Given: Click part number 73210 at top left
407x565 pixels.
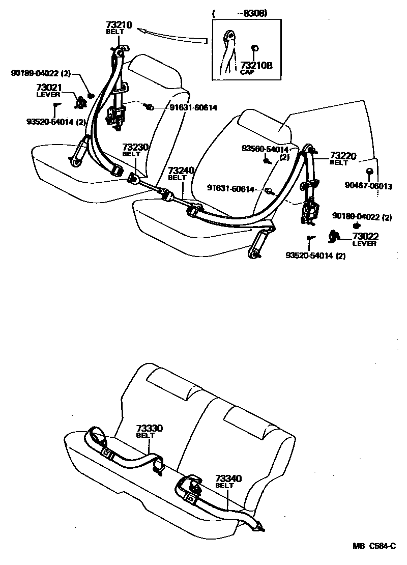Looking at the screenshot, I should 119,24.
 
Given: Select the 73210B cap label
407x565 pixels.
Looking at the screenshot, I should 256,65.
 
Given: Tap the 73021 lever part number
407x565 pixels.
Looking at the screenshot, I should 48,88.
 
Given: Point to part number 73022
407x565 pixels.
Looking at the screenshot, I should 363,236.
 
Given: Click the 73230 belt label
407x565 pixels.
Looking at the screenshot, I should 135,148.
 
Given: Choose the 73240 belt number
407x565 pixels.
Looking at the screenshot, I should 181,171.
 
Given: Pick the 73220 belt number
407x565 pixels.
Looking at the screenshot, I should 343,156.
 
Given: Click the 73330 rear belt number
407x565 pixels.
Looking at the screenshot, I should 149,429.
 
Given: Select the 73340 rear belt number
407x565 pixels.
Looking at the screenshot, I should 228,478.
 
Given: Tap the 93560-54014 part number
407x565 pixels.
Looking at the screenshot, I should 265,149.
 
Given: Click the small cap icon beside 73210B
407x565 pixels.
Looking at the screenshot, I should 255,49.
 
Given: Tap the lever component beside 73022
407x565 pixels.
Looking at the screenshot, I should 335,236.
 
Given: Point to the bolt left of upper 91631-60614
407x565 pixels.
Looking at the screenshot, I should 149,107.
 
